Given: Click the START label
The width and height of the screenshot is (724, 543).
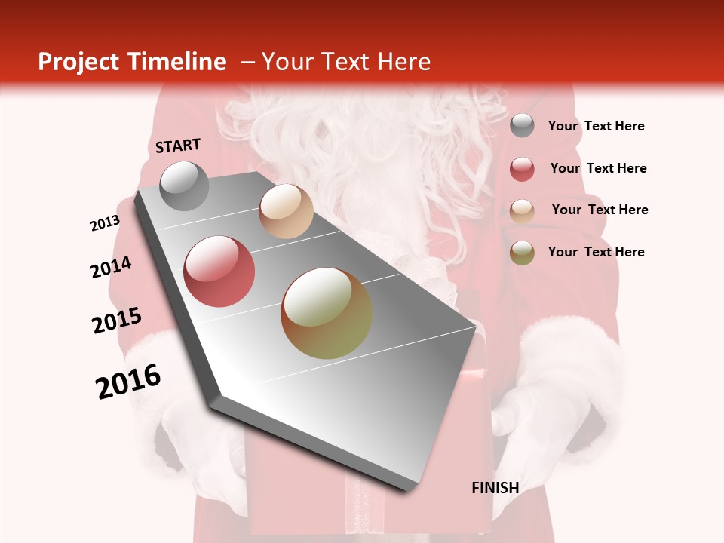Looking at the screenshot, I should (178, 146).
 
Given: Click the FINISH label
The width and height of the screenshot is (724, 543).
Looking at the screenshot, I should (495, 488).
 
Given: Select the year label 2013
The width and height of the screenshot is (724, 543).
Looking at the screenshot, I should (105, 223).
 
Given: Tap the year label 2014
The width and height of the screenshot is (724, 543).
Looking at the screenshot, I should (111, 268).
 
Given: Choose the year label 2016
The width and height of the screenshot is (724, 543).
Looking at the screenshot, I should (128, 382).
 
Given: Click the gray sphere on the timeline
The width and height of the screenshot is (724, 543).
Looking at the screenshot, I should (184, 186).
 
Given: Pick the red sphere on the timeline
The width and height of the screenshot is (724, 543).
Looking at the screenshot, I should (219, 271).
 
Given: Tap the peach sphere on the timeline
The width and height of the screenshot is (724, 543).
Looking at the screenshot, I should (286, 211).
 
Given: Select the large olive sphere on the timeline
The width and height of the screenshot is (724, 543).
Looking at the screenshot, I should (327, 313).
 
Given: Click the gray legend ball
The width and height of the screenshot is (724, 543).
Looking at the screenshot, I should (522, 126).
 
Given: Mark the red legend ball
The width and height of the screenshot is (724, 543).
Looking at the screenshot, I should (522, 169).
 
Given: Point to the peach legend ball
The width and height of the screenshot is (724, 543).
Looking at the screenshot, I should (522, 210).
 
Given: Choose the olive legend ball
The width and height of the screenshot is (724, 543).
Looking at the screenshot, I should (522, 253).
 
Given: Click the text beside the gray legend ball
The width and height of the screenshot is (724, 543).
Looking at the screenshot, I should (596, 126).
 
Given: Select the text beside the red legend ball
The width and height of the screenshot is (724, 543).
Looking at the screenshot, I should (598, 168).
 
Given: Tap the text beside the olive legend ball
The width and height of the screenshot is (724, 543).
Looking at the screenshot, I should (596, 252).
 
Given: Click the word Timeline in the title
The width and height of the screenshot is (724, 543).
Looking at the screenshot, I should (176, 62).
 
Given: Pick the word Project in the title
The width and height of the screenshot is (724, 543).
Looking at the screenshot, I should (78, 62).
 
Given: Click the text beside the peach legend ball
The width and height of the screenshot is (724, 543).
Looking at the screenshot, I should (600, 210).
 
